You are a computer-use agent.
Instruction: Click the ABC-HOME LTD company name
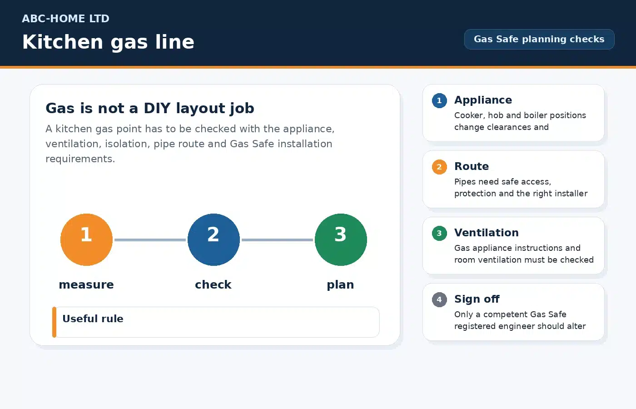pos(65,19)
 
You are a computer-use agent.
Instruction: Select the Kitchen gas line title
pos(108,42)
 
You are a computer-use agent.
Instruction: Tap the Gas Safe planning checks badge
pos(539,39)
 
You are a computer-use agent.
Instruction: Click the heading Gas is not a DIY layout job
pos(150,108)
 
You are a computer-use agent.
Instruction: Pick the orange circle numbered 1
pos(86,240)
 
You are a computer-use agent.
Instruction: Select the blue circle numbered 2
pos(214,240)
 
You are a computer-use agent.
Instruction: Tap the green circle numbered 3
pos(341,240)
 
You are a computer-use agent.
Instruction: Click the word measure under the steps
pos(86,284)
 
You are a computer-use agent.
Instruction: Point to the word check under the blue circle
pos(213,284)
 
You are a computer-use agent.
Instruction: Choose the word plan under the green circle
pos(340,285)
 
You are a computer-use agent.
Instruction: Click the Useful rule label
pos(93,319)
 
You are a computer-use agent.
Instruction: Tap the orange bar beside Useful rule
pos(54,322)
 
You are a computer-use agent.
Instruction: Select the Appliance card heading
pos(483,100)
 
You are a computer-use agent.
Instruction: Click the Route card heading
pos(472,166)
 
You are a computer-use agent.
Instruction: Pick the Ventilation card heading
pos(487,233)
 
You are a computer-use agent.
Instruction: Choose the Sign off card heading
pos(477,299)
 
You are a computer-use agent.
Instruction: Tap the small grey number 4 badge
pos(439,299)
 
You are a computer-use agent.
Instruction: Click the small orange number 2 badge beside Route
pos(439,167)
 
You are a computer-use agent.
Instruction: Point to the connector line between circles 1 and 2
pos(150,240)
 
